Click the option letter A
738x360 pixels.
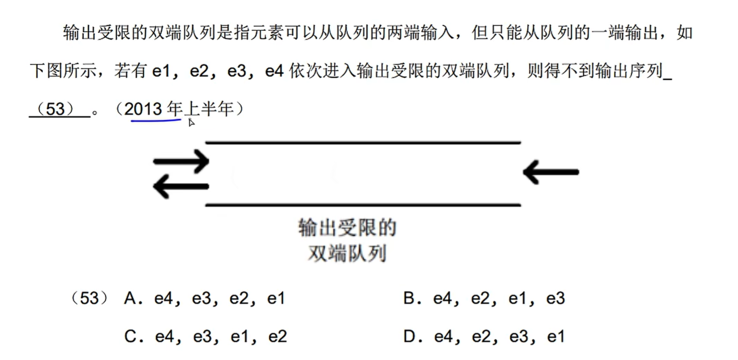[130, 299]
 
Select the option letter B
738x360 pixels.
[409, 299]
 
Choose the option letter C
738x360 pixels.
[130, 337]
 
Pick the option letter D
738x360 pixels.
[409, 337]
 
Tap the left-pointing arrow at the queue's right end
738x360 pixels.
[551, 172]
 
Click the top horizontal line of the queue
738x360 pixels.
[363, 142]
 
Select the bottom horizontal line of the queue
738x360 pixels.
[363, 205]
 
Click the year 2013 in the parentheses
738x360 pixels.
[144, 109]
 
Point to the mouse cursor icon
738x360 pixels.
[191, 122]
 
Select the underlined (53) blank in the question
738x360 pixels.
[59, 110]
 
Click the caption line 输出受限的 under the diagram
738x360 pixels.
[347, 228]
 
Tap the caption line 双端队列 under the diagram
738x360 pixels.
[347, 254]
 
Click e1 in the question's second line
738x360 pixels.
[162, 71]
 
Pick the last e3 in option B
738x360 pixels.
[555, 299]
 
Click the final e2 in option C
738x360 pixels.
[277, 337]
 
